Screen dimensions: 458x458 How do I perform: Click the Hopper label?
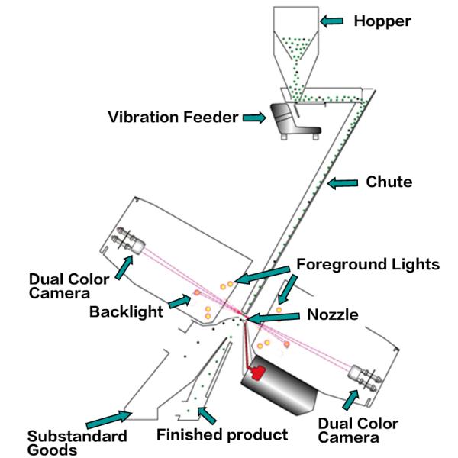click(382, 21)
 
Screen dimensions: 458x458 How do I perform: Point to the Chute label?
click(389, 182)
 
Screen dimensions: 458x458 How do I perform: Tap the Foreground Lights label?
click(368, 265)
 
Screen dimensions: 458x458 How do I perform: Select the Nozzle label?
click(332, 314)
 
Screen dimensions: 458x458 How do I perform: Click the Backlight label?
click(127, 311)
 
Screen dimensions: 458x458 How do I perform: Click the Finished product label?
click(222, 434)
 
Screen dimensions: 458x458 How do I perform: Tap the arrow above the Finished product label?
click(207, 414)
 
